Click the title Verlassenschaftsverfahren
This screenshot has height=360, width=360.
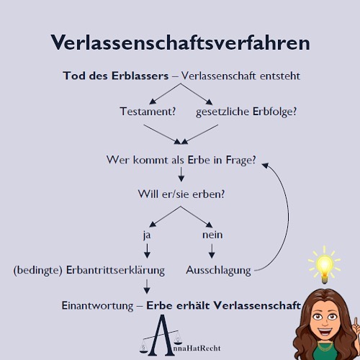(180, 42)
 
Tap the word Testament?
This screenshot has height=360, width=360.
(148, 112)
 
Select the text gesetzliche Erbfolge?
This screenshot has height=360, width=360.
(246, 112)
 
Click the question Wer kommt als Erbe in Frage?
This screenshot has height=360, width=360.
(181, 160)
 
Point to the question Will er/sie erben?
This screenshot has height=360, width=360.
(181, 194)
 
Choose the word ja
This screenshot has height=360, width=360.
(147, 235)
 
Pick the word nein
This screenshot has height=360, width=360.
(212, 235)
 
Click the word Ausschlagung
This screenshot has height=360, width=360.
(218, 271)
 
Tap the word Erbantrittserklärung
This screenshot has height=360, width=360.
(115, 270)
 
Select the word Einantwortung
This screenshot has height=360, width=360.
(97, 306)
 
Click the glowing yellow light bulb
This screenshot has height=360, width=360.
(325, 265)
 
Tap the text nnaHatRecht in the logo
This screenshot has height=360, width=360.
(197, 348)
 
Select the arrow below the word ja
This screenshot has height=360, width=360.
(147, 251)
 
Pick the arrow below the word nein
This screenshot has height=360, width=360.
(212, 251)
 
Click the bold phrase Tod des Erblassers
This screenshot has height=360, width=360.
(116, 76)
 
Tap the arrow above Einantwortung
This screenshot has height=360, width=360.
(147, 287)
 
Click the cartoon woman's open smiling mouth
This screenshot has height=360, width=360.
(325, 333)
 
